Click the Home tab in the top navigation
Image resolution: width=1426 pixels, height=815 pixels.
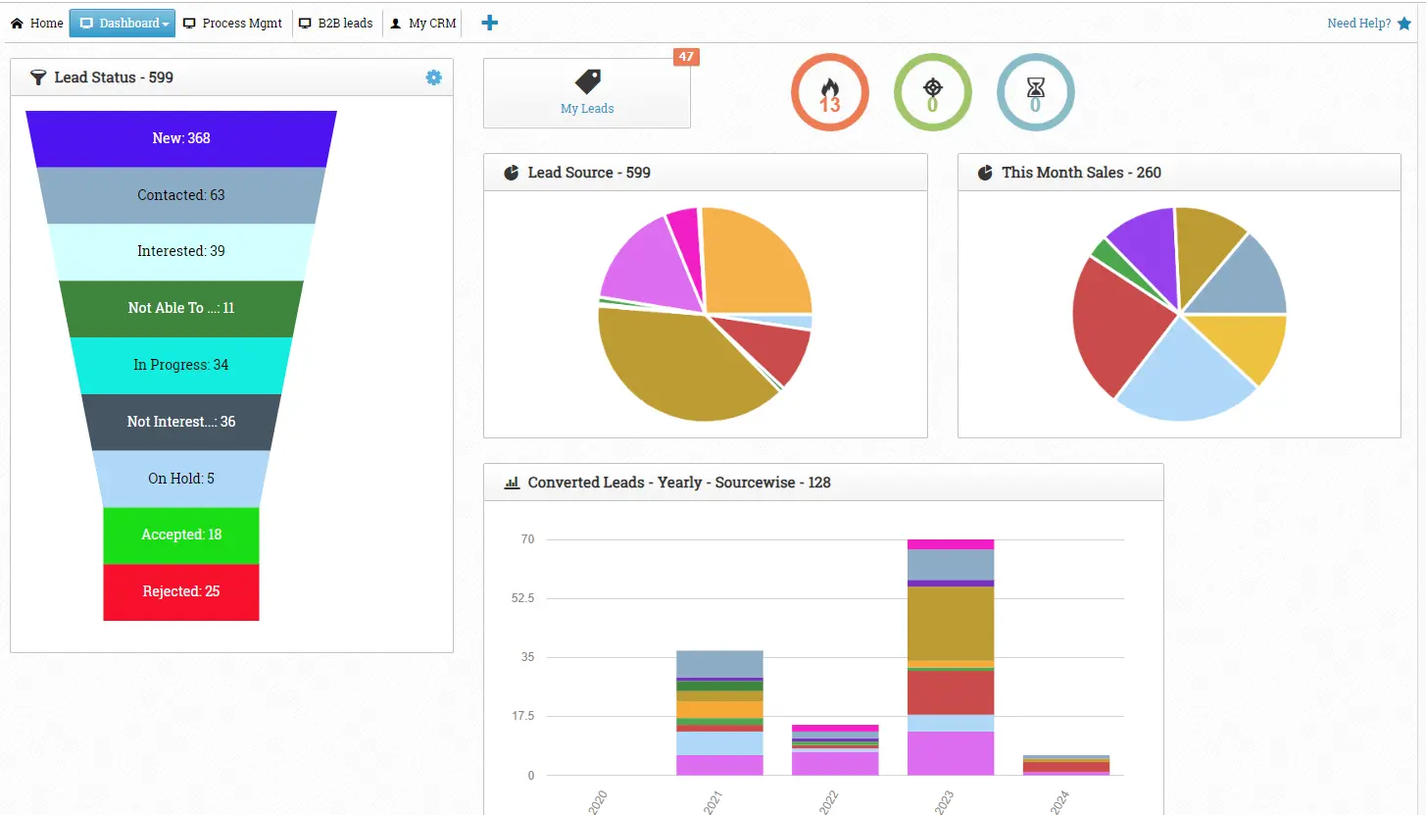click(37, 24)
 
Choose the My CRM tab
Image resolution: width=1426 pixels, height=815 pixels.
click(423, 24)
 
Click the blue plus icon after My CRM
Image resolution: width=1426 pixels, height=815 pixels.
click(490, 23)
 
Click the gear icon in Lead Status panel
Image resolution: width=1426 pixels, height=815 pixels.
click(433, 77)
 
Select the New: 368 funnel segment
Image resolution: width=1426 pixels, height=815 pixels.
click(181, 138)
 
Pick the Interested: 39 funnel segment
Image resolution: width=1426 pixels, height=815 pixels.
click(181, 251)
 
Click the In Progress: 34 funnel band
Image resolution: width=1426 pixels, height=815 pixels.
click(181, 365)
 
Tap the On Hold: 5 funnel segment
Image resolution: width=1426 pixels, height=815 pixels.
click(181, 479)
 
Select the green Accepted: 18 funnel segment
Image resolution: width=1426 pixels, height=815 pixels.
click(181, 535)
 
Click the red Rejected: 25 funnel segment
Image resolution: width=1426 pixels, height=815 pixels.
click(181, 591)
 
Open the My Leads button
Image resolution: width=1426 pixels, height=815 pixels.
click(587, 93)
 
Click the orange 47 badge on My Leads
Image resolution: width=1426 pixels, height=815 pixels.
click(686, 57)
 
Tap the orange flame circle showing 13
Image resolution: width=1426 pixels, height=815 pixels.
click(830, 92)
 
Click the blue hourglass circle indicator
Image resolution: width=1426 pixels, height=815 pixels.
click(1035, 92)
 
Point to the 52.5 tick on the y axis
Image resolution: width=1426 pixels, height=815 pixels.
click(521, 598)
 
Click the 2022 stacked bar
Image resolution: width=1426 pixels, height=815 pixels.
click(835, 750)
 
